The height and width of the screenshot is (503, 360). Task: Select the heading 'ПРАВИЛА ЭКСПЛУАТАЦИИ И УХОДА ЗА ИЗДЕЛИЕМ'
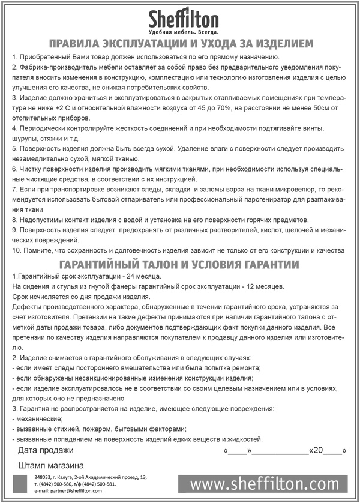(x=181, y=44)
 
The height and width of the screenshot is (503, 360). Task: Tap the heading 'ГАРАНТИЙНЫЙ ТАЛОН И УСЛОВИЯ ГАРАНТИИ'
(x=180, y=264)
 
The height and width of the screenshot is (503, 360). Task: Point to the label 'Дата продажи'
(x=46, y=450)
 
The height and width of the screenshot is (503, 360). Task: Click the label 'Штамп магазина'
(x=51, y=465)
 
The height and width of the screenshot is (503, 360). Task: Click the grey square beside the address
(x=21, y=484)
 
